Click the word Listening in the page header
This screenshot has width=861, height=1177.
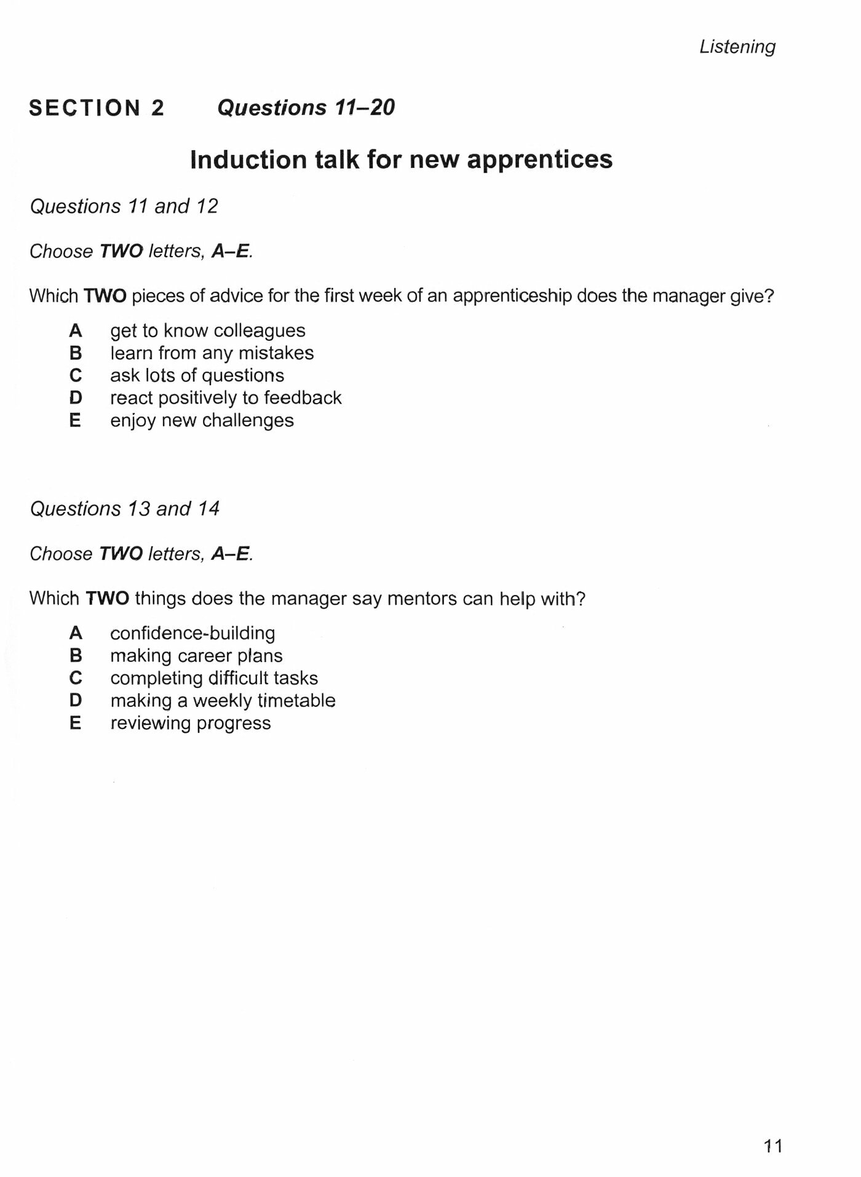click(737, 47)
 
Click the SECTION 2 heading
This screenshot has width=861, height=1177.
click(97, 108)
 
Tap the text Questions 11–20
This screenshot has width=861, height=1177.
click(306, 108)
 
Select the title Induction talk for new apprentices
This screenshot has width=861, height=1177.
click(401, 160)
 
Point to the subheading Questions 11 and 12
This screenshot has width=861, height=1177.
click(124, 206)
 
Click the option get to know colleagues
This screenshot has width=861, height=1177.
click(207, 331)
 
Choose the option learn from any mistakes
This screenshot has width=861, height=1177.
click(212, 353)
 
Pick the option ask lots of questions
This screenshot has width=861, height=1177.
click(197, 375)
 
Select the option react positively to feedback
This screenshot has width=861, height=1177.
click(226, 398)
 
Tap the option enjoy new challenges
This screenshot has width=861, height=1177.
click(202, 421)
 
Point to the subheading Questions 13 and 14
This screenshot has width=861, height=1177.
click(124, 509)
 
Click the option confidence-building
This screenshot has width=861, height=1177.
click(192, 633)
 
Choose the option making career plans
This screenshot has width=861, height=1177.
click(196, 656)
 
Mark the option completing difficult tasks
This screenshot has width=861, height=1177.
click(214, 678)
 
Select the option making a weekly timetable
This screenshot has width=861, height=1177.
click(223, 701)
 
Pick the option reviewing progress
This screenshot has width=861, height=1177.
click(190, 723)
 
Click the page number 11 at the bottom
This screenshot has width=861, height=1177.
click(772, 1146)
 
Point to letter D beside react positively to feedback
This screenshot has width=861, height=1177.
click(75, 398)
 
